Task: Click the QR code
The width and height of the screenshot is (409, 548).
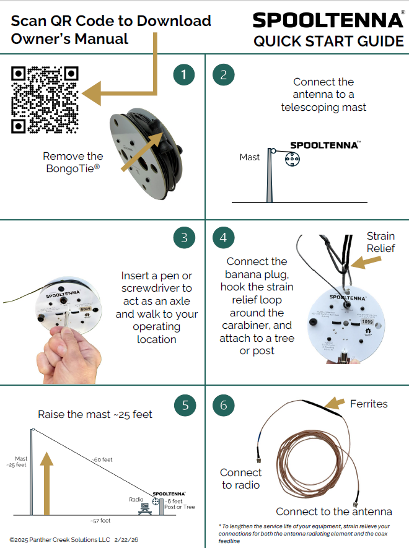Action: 46,100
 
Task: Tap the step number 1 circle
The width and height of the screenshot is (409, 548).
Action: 184,75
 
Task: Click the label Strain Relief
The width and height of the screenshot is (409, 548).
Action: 380,242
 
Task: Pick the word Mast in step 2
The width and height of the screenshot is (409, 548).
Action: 250,157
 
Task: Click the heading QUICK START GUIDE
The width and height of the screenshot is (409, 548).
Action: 328,41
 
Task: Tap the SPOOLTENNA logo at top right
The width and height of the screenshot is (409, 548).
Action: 328,20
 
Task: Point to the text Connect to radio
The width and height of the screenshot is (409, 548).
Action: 241,478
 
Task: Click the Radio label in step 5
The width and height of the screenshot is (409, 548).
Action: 136,499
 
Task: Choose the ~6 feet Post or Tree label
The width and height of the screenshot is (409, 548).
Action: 180,503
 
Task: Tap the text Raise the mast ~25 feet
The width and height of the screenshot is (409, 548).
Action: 95,414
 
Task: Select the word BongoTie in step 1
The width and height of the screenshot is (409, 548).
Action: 73,168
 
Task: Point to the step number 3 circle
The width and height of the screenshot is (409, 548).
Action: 184,238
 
